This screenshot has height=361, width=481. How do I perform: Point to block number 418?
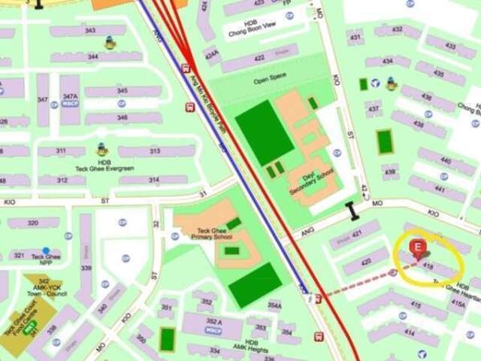coord(428,266)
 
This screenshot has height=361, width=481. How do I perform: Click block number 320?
coord(33,223)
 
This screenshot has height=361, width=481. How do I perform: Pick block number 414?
coord(409,332)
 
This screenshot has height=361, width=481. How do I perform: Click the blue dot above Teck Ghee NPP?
coord(47,250)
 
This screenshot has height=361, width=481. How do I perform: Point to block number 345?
coord(123,91)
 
